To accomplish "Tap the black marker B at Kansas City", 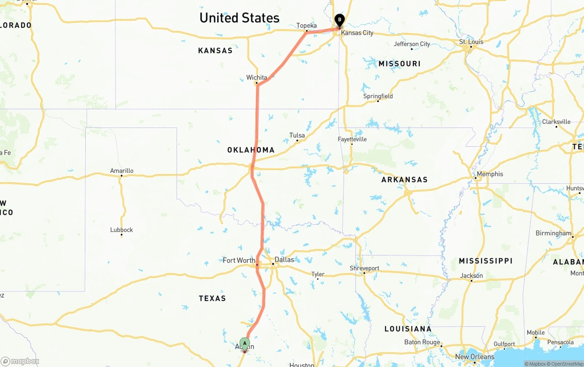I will pyautogui.click(x=339, y=20).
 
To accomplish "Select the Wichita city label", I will pyautogui.click(x=256, y=78).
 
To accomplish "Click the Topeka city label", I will pyautogui.click(x=307, y=26).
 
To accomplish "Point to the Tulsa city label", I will pyautogui.click(x=297, y=135).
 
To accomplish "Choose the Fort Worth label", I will pyautogui.click(x=239, y=261).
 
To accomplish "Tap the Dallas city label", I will pyautogui.click(x=284, y=260).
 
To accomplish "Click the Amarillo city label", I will pyautogui.click(x=122, y=171).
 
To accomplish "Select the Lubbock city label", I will pyautogui.click(x=121, y=230).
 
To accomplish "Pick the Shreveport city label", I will pyautogui.click(x=365, y=268).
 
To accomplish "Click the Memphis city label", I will pyautogui.click(x=490, y=174).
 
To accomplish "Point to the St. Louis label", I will pyautogui.click(x=471, y=42).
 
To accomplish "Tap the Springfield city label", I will pyautogui.click(x=378, y=96).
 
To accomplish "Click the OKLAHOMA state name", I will pyautogui.click(x=251, y=150).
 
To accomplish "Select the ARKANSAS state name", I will pyautogui.click(x=404, y=180).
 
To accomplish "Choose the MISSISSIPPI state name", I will pyautogui.click(x=485, y=261).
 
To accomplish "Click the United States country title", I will pyautogui.click(x=240, y=18).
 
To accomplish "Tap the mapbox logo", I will pyautogui.click(x=20, y=361).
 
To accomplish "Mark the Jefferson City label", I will pyautogui.click(x=412, y=44).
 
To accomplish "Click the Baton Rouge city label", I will pyautogui.click(x=422, y=342).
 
